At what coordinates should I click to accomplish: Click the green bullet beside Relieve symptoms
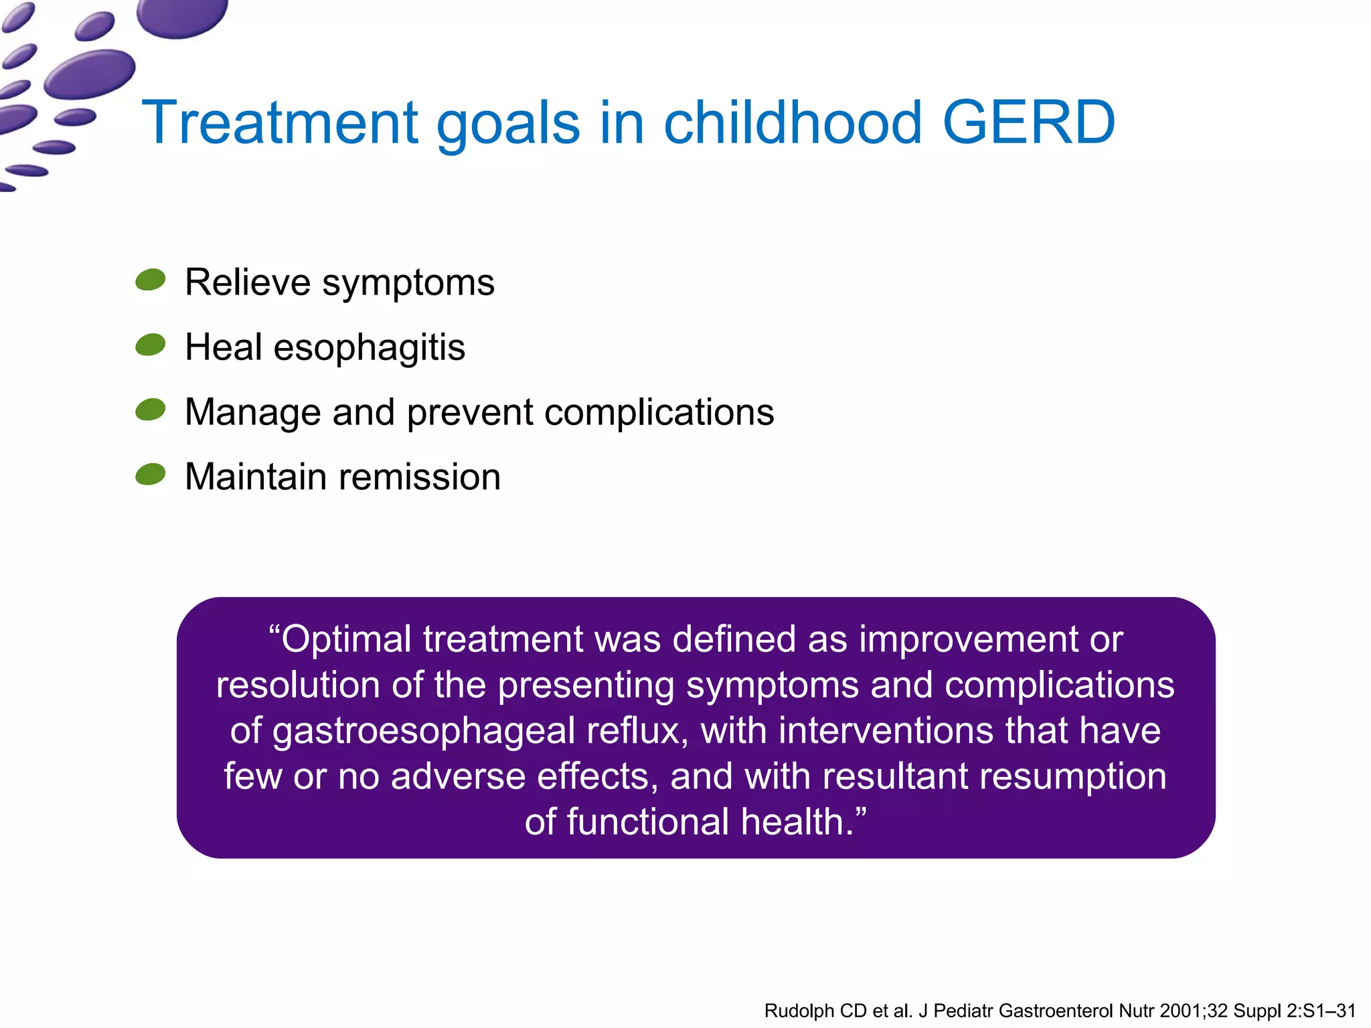point(151,280)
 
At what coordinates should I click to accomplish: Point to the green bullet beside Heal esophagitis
point(151,345)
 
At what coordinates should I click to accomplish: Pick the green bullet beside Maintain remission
point(151,475)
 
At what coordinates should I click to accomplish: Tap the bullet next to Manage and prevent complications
point(151,410)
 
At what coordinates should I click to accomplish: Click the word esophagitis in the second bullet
point(369,348)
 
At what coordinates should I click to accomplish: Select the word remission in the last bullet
point(420,477)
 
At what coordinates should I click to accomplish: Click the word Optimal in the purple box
point(346,639)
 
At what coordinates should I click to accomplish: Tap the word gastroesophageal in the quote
point(424,731)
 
